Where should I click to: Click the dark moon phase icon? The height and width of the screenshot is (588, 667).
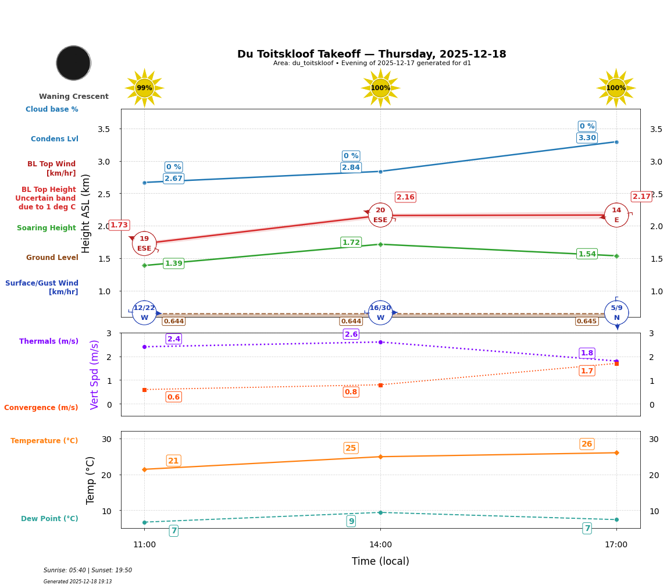pos(73,63)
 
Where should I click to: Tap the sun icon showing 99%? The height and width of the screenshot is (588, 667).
pos(144,88)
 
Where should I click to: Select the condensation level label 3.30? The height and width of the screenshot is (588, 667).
pos(587,138)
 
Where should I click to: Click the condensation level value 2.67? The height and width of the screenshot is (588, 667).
pos(173,179)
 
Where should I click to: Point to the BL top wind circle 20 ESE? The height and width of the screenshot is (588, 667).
pos(380,215)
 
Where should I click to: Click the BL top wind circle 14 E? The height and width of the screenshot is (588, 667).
pos(616,215)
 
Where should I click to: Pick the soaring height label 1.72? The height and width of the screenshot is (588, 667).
pos(351,242)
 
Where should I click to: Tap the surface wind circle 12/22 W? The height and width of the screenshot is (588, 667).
pos(144,313)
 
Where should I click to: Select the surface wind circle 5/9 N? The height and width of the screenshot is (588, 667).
pos(616,313)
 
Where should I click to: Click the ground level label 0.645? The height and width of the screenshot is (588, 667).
pos(586,321)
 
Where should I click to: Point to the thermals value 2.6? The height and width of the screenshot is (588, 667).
pos(351,334)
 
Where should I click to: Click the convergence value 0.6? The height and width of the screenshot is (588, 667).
pos(173,397)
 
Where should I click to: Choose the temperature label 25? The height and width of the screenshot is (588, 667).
pos(351,448)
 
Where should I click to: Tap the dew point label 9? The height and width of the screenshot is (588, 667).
pos(351,521)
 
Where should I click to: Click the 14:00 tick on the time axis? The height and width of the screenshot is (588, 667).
pos(380,545)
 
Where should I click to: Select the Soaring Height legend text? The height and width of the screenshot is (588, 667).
pos(47,228)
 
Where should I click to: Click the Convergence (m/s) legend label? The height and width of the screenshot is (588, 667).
pos(41,408)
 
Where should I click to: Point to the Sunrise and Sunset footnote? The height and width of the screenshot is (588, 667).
pos(88,571)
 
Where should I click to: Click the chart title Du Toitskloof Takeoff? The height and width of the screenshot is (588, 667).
pos(372,54)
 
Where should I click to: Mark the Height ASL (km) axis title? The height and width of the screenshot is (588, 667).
pos(86,213)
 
